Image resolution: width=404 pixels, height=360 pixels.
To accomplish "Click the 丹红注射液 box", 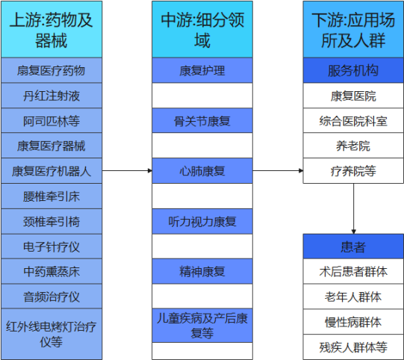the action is pyautogui.click(x=52, y=96).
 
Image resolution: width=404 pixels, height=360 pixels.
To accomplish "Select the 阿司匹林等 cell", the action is pyautogui.click(x=52, y=120).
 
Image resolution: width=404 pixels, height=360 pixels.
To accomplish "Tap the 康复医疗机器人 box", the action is pyautogui.click(x=52, y=171).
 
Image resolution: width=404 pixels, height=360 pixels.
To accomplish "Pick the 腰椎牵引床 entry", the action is pyautogui.click(x=52, y=196).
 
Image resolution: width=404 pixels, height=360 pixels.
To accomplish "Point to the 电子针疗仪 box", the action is pyautogui.click(x=52, y=246).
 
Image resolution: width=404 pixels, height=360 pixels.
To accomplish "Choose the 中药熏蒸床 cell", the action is pyautogui.click(x=52, y=272).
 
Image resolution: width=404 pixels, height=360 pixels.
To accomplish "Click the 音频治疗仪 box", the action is pyautogui.click(x=52, y=297).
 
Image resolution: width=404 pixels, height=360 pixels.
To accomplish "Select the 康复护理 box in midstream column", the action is pyautogui.click(x=202, y=70).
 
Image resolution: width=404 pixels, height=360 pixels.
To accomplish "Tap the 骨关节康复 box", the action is pyautogui.click(x=202, y=120).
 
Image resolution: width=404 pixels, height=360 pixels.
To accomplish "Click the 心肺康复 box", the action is pyautogui.click(x=202, y=171).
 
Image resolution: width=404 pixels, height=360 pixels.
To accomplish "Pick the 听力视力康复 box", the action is pyautogui.click(x=202, y=221).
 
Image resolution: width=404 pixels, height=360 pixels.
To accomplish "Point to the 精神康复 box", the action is pyautogui.click(x=202, y=272).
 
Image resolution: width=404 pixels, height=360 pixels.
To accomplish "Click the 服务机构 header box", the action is pyautogui.click(x=353, y=70).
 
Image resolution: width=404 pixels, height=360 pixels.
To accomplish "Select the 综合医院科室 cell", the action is pyautogui.click(x=353, y=120).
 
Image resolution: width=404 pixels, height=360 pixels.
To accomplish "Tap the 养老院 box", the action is pyautogui.click(x=353, y=146).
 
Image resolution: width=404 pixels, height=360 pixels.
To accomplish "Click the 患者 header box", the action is pyautogui.click(x=353, y=246).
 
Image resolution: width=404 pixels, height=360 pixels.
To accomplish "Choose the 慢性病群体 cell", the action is pyautogui.click(x=353, y=322).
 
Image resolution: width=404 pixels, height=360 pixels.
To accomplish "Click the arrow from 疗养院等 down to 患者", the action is pyautogui.click(x=353, y=208).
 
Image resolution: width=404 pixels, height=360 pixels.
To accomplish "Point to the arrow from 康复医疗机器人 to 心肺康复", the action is pyautogui.click(x=127, y=170).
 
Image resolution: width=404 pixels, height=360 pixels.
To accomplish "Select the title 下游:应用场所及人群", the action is pyautogui.click(x=353, y=30).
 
